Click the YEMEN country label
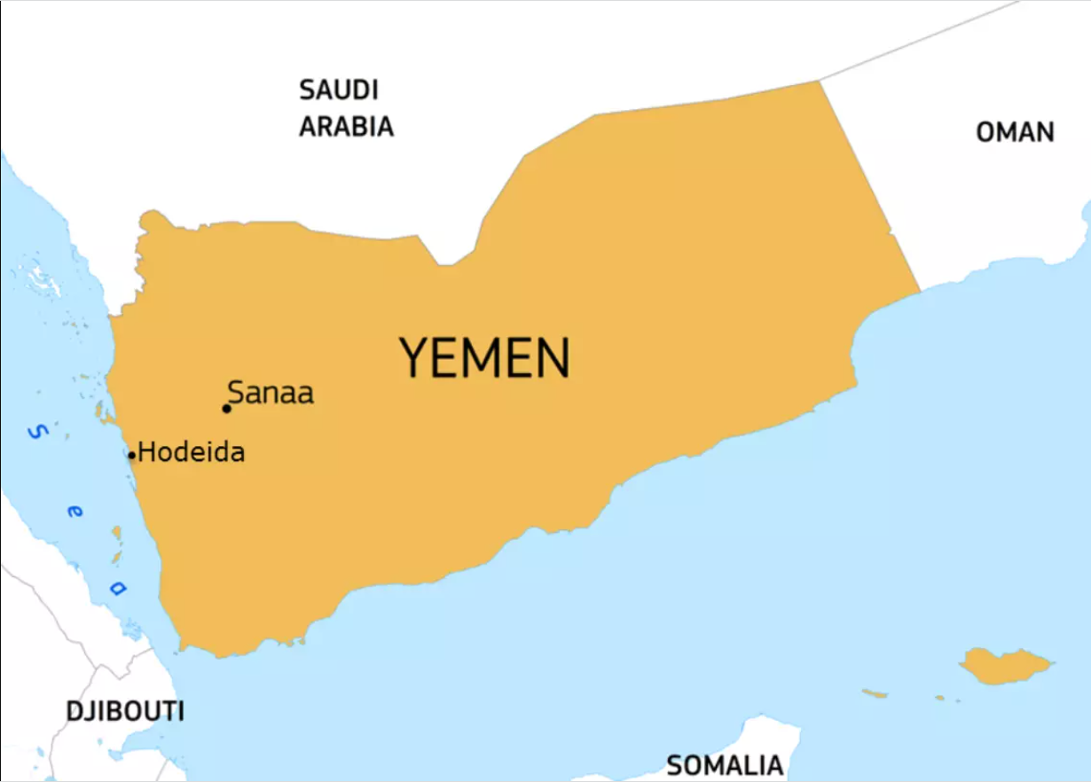click(x=484, y=357)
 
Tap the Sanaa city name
click(x=271, y=393)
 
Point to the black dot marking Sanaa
click(x=226, y=409)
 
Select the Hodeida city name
click(x=192, y=452)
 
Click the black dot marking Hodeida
click(x=131, y=456)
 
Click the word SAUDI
click(x=338, y=90)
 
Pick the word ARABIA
click(x=346, y=127)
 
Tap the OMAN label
click(x=1015, y=132)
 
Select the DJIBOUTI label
click(x=125, y=711)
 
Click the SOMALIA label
click(x=725, y=765)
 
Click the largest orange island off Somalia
click(x=1005, y=665)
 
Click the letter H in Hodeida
click(x=147, y=452)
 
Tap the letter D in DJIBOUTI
click(x=75, y=711)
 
